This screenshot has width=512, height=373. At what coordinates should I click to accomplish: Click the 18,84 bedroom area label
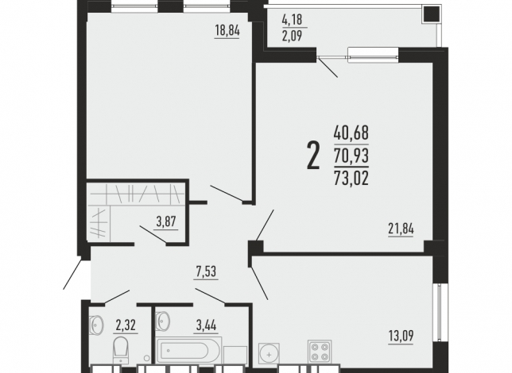point(227,31)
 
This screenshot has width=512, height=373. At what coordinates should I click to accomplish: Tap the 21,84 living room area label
point(401,229)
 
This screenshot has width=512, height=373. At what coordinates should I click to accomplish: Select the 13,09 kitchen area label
point(401,335)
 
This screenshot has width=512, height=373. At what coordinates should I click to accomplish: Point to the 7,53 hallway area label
point(206,271)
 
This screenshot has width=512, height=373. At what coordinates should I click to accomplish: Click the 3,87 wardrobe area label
point(166,222)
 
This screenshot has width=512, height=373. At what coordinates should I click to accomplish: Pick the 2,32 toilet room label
point(126,325)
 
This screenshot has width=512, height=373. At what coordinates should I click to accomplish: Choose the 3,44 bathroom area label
point(207,325)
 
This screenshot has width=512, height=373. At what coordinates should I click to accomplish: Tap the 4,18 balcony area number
point(293,20)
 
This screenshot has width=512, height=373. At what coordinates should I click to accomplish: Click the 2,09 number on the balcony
point(293,36)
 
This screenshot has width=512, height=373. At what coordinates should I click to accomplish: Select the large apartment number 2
point(313,156)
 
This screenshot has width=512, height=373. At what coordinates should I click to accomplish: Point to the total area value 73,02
point(351,178)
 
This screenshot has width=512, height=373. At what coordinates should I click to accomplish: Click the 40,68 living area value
point(351,133)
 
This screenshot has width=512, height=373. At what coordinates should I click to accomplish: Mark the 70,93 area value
point(351,156)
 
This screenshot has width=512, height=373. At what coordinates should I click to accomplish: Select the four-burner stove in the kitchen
point(320,352)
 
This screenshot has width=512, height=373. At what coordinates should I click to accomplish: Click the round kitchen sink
point(269,354)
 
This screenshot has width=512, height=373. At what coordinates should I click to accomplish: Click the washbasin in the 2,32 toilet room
point(96,325)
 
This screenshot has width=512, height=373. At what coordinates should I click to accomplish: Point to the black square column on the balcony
point(432,14)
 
